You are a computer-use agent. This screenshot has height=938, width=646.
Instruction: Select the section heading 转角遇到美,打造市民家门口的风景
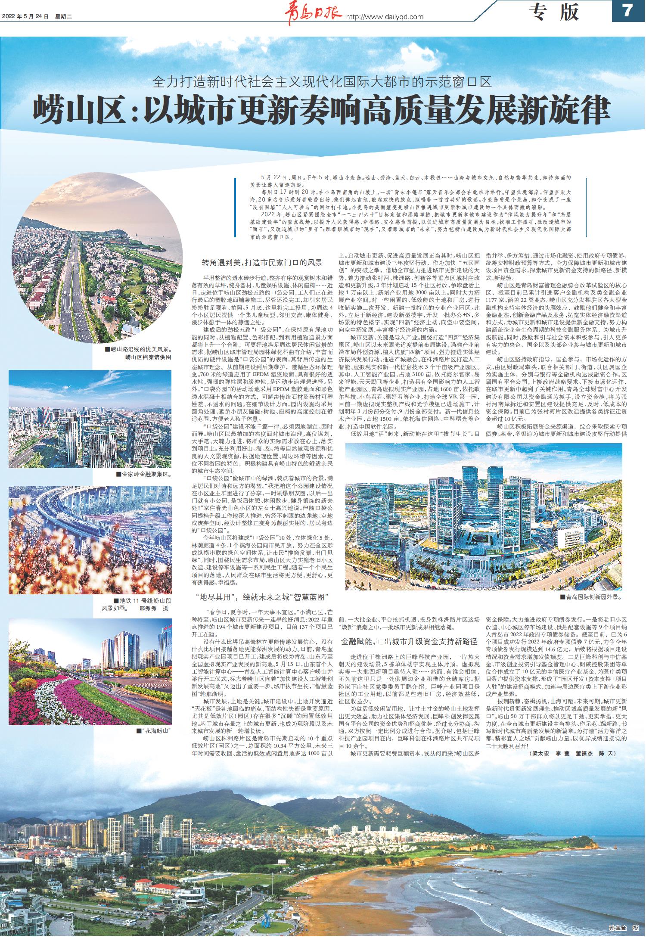click(x=262, y=263)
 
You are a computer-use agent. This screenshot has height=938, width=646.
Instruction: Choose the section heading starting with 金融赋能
click(x=409, y=641)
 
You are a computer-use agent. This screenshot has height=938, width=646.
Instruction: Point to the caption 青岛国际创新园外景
click(x=591, y=598)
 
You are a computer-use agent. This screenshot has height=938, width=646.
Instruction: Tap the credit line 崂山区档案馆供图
click(x=148, y=357)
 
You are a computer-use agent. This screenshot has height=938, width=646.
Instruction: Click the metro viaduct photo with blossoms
click(x=90, y=540)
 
